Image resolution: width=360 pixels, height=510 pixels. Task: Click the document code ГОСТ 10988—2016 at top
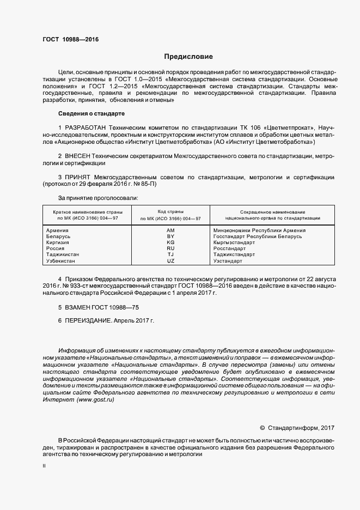pyautogui.click(x=71, y=39)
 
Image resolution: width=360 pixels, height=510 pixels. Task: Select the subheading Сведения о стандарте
pyautogui.click(x=91, y=113)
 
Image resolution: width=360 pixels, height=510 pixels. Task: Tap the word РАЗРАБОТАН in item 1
pyautogui.click(x=86, y=127)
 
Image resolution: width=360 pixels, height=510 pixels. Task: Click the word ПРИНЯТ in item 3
pyautogui.click(x=80, y=178)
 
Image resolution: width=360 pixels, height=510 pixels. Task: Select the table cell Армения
pyautogui.click(x=58, y=230)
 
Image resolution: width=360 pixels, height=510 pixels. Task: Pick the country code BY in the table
pyautogui.click(x=170, y=236)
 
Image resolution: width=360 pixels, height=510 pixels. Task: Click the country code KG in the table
pyautogui.click(x=170, y=242)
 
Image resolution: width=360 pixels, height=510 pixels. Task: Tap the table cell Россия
pyautogui.click(x=56, y=248)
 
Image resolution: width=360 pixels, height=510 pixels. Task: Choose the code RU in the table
pyautogui.click(x=170, y=248)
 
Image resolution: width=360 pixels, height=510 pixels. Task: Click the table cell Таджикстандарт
pyautogui.click(x=234, y=254)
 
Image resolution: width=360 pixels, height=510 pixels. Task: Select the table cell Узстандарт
pyautogui.click(x=228, y=261)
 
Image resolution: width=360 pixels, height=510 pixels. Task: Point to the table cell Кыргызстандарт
pyautogui.click(x=234, y=242)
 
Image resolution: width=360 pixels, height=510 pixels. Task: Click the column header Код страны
pyautogui.click(x=170, y=211)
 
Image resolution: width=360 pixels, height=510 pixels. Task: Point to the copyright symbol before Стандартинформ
pyautogui.click(x=262, y=428)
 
